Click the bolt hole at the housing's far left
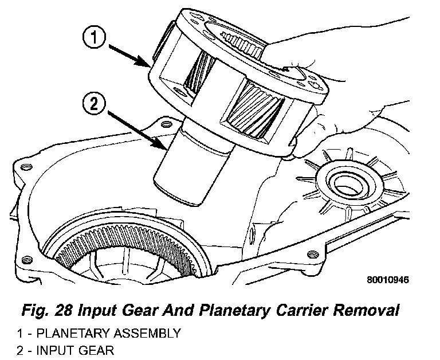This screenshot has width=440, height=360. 25,168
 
